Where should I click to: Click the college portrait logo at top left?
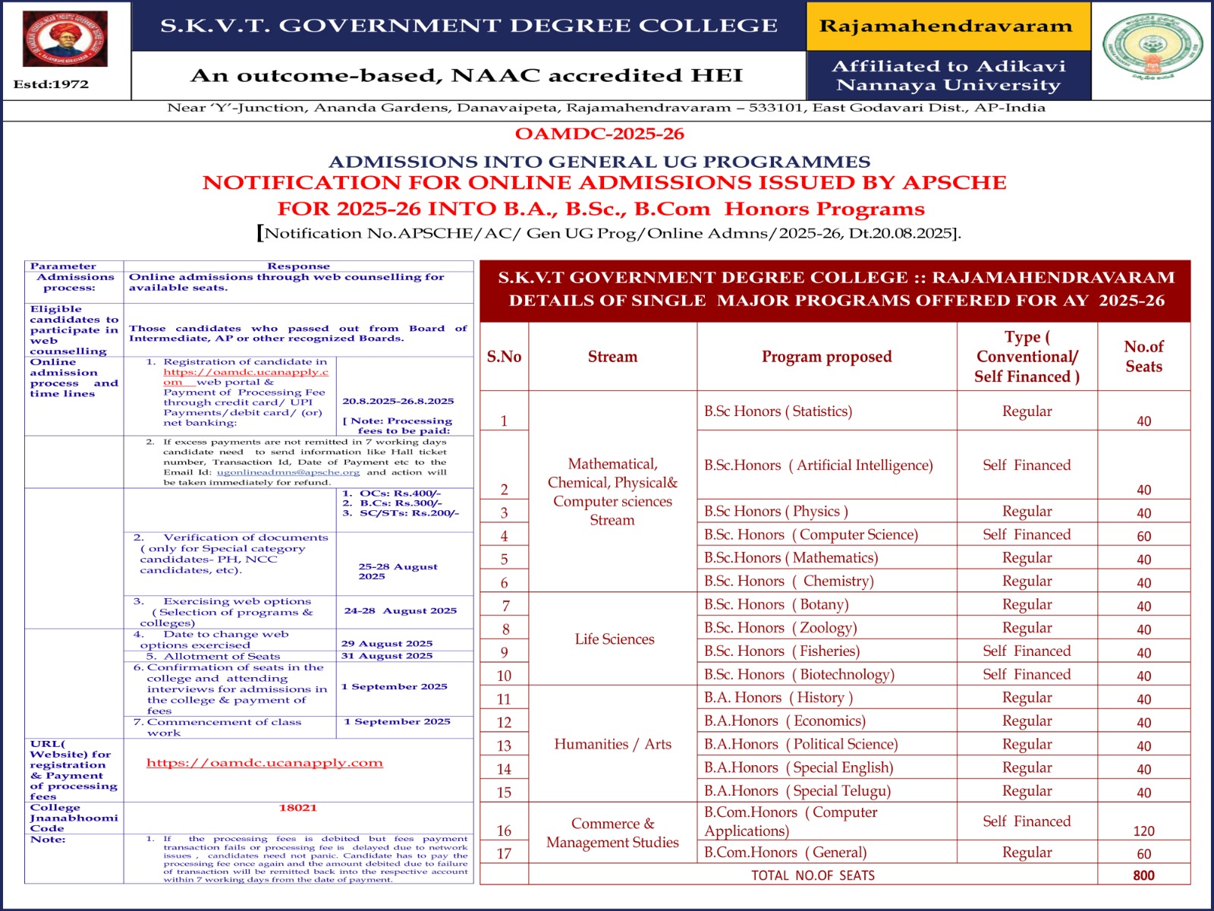point(65,39)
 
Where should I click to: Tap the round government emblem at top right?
point(1152,46)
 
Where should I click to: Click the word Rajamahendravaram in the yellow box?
point(946,27)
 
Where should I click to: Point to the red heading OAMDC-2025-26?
point(599,134)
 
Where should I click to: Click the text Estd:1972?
point(51,84)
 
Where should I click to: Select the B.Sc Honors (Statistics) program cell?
point(778,411)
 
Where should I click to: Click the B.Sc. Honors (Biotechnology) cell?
point(799,675)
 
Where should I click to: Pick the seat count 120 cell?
point(1143,831)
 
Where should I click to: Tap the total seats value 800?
point(1143,875)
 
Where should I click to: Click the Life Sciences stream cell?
point(614,639)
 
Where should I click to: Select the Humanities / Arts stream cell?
point(612,745)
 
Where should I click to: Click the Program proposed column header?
point(826,357)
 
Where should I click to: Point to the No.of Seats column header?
point(1143,357)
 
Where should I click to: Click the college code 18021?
point(298,809)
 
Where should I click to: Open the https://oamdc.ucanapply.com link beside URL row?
point(265,763)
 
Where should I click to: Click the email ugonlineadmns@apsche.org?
point(288,472)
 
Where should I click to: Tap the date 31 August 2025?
point(387,656)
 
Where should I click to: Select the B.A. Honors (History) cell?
point(778,698)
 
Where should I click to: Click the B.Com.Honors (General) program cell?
point(785,853)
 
